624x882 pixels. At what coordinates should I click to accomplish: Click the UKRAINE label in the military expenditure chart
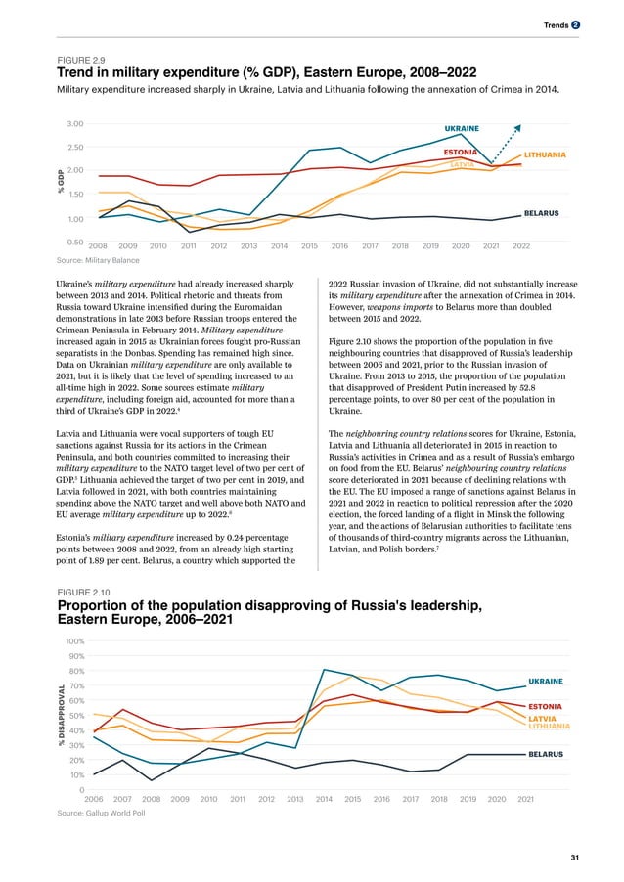tap(462, 128)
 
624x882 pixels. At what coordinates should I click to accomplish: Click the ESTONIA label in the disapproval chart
tap(545, 706)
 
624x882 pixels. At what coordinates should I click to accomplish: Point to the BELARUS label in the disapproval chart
tap(545, 755)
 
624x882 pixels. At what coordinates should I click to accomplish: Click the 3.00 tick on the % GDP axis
tap(74, 124)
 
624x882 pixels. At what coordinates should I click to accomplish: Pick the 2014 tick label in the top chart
tap(279, 246)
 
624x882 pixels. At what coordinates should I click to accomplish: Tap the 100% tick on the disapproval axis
tap(74, 640)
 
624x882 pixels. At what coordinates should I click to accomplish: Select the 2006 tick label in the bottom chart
tap(94, 799)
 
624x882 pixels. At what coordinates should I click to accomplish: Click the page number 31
tap(574, 857)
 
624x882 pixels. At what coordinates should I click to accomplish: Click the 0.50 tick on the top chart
tap(74, 242)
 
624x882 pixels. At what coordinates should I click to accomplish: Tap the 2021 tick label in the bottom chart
tap(525, 799)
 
